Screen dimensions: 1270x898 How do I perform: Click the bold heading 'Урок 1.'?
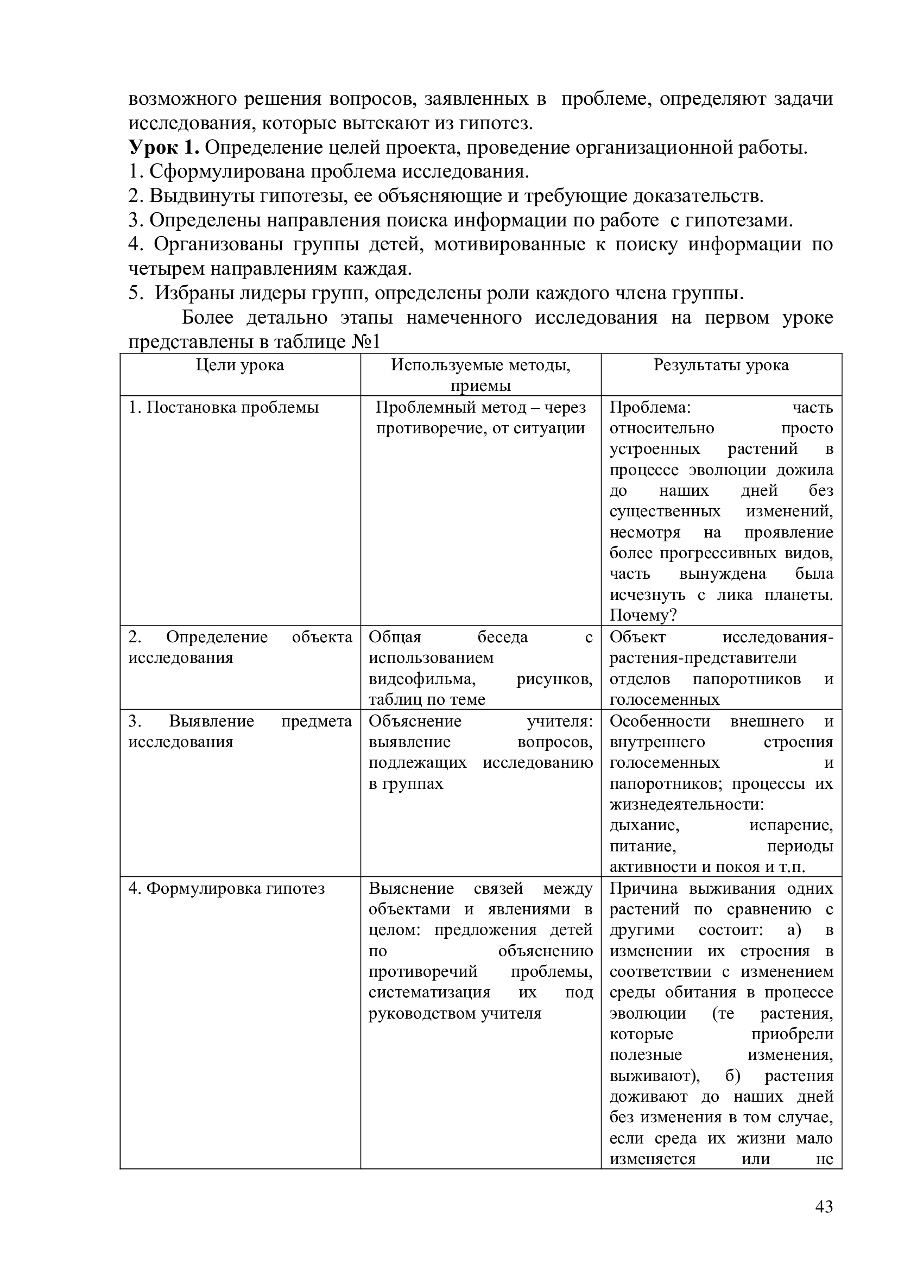click(x=163, y=148)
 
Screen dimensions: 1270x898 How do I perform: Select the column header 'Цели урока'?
click(x=240, y=365)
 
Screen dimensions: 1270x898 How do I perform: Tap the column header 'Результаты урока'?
click(x=721, y=365)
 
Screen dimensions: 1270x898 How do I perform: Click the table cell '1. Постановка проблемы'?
click(x=223, y=408)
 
